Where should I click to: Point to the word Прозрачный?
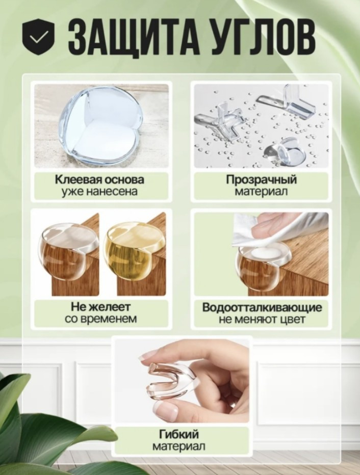(261, 179)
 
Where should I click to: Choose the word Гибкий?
(179, 434)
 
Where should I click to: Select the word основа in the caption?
(124, 179)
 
